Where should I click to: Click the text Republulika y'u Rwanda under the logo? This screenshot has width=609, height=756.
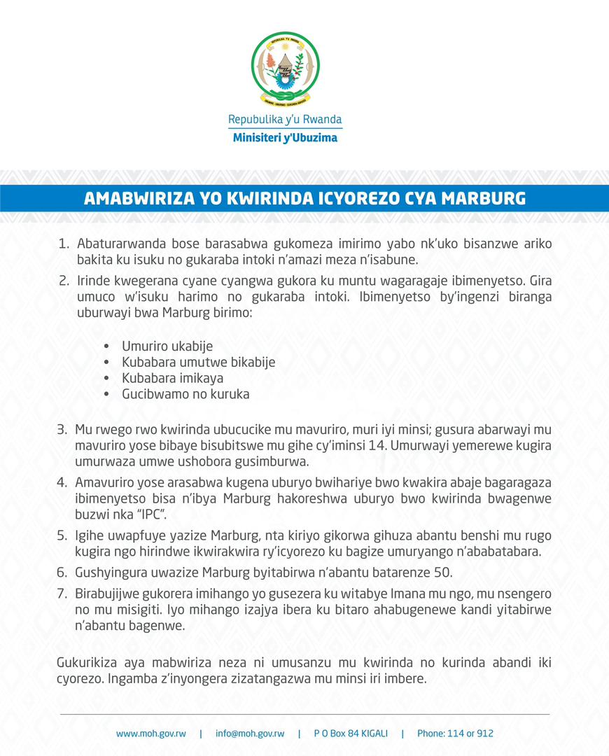[285, 120]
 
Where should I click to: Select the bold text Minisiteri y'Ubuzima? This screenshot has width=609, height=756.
[285, 137]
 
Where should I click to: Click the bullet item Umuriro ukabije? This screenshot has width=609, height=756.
[167, 346]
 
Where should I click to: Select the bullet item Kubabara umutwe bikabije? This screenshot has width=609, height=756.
[198, 363]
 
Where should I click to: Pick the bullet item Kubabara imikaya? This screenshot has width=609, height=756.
[172, 378]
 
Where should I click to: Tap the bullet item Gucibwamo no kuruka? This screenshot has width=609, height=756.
[185, 394]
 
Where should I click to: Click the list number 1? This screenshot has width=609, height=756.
[63, 244]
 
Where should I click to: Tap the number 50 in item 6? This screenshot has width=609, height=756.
[443, 573]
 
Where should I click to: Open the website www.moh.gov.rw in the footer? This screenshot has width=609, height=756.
[150, 734]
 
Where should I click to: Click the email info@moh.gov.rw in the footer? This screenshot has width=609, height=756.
[250, 734]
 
